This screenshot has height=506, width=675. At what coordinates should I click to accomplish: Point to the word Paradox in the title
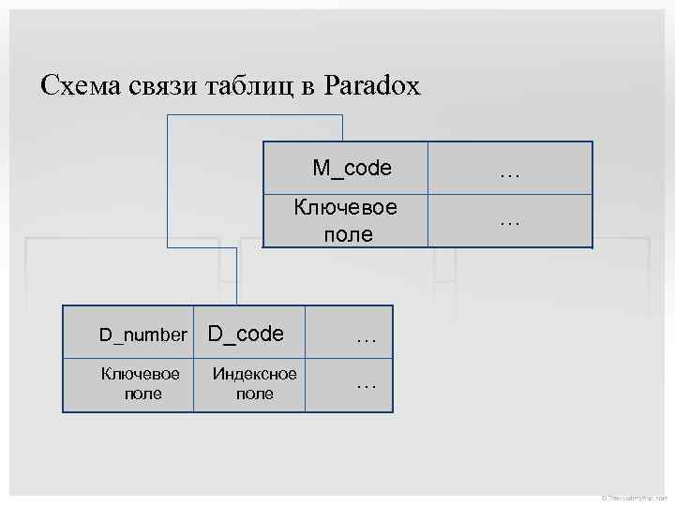click(x=372, y=87)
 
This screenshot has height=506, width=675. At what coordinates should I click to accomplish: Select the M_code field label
click(x=352, y=169)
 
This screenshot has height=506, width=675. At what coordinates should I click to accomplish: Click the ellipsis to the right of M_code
click(x=510, y=171)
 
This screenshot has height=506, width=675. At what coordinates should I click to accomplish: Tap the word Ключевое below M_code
click(x=346, y=207)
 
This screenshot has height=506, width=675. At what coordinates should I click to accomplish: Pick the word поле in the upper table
click(x=347, y=234)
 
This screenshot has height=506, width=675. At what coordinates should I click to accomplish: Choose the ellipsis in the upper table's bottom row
click(x=510, y=220)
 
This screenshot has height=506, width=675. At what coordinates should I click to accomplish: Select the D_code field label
click(x=246, y=334)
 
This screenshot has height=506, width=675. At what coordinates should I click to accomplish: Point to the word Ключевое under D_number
click(x=141, y=374)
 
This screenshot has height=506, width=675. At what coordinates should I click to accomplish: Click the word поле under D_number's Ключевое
click(x=142, y=394)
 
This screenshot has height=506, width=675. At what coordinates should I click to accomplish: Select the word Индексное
click(x=255, y=374)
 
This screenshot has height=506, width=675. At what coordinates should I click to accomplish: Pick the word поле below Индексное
click(x=255, y=394)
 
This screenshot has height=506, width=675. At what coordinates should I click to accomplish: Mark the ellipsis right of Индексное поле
click(x=367, y=382)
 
